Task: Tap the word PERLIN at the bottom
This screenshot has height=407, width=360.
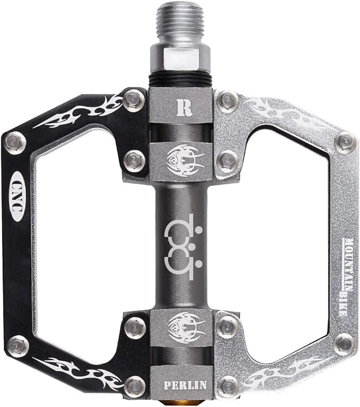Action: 185,385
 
